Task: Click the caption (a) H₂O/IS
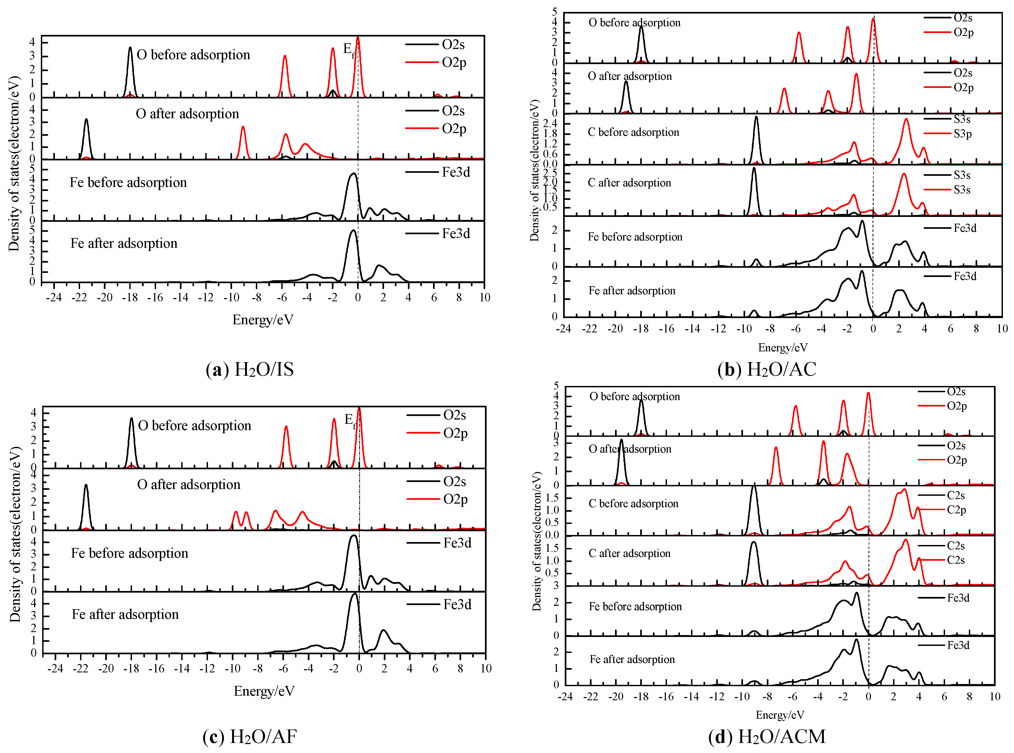pyautogui.click(x=250, y=369)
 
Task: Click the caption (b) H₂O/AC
pyautogui.click(x=767, y=369)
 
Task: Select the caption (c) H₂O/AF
pyautogui.click(x=250, y=736)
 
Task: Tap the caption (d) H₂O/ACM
pyautogui.click(x=767, y=736)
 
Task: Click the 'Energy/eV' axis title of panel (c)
pyautogui.click(x=264, y=691)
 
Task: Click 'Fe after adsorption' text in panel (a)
pyautogui.click(x=124, y=243)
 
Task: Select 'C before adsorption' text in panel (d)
pyautogui.click(x=633, y=503)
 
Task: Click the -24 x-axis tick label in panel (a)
pyautogui.click(x=54, y=298)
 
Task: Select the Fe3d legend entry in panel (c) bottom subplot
pyautogui.click(x=457, y=605)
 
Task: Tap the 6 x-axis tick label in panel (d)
pyautogui.click(x=944, y=696)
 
